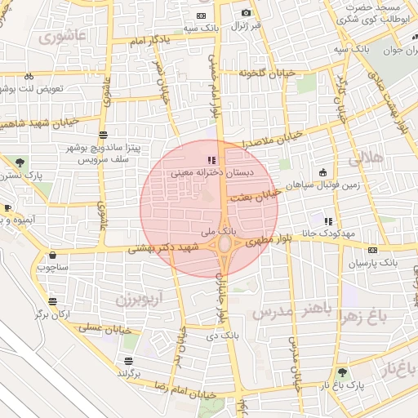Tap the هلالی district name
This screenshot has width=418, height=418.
pos(366,160)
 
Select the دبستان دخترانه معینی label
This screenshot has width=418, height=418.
pos(212,173)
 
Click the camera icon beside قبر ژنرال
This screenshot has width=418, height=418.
pos(246,12)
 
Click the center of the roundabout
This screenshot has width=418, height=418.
pos(225,243)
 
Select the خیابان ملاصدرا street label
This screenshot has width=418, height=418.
pos(273,138)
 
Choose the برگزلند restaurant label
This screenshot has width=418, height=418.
pos(128,373)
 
